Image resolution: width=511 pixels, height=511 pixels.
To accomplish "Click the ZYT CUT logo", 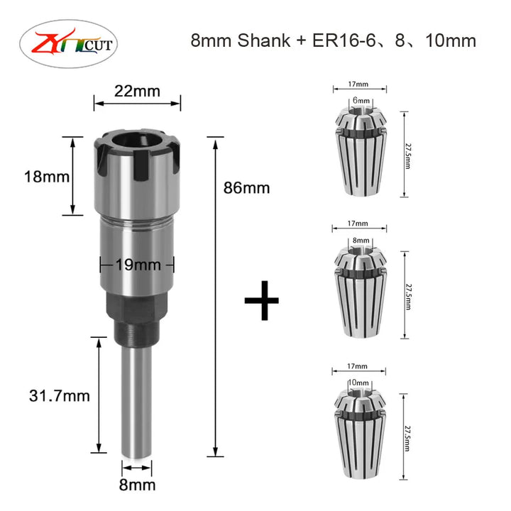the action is [x=68, y=44].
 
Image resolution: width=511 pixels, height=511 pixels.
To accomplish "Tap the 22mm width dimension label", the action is [x=137, y=92].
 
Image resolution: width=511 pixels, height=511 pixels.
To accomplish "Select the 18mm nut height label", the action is [x=47, y=177].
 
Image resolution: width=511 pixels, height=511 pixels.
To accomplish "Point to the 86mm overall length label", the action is [x=247, y=188].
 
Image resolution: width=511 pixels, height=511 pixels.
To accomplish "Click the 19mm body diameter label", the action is [x=138, y=265].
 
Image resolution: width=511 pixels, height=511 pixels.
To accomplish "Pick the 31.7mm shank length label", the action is [x=60, y=396].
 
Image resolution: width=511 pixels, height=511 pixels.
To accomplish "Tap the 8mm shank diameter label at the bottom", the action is [x=137, y=485].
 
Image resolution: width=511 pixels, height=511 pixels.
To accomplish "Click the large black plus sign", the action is [x=262, y=300].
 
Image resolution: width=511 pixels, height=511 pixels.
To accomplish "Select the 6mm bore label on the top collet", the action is [x=361, y=101].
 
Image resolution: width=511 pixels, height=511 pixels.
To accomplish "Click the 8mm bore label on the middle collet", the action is [x=361, y=241].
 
